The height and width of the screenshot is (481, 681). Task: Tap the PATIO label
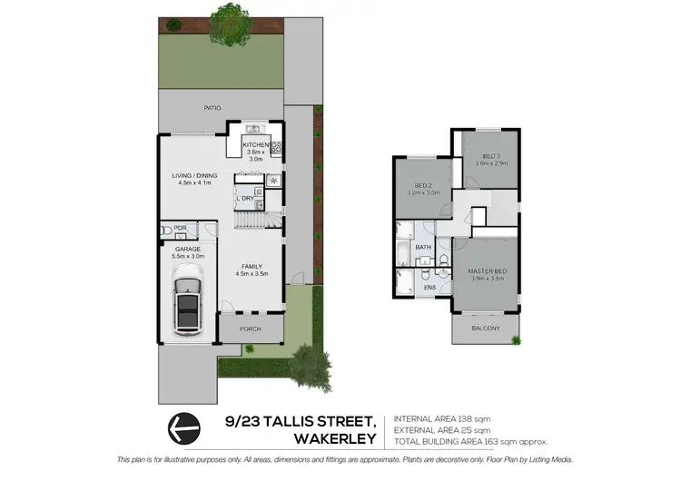click(x=212, y=108)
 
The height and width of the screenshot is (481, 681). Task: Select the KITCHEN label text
click(x=255, y=144)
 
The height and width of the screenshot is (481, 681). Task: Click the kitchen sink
click(x=255, y=128)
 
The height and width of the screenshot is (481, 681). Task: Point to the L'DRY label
click(x=244, y=198)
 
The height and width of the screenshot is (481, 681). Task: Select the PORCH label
click(x=250, y=329)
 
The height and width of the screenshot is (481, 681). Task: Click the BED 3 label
click(x=492, y=155)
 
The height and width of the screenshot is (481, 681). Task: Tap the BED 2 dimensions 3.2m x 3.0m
click(x=424, y=193)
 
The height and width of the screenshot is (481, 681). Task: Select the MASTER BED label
click(x=486, y=271)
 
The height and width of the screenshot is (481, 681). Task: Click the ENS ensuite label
click(x=429, y=289)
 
